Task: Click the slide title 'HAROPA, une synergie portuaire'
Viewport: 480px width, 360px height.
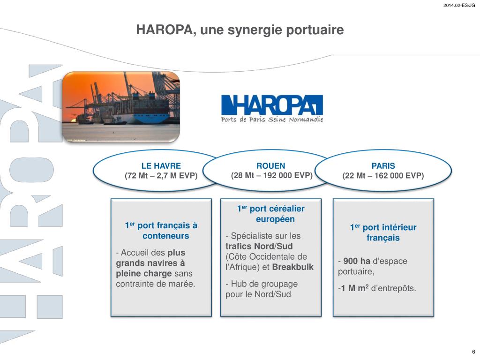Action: point(240,30)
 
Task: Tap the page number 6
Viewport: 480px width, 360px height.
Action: point(473,352)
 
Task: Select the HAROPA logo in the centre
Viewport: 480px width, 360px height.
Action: point(272,105)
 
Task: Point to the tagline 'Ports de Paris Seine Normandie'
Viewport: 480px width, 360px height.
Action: point(272,120)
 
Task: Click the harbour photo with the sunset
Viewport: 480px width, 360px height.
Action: point(121,107)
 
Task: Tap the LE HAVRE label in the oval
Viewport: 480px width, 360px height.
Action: point(161,165)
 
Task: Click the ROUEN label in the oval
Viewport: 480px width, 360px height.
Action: point(270,165)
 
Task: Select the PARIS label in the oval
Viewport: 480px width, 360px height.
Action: point(383,165)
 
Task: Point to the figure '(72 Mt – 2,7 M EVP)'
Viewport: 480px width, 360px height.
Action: point(161,176)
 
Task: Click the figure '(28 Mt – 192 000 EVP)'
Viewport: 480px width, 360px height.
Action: point(271,175)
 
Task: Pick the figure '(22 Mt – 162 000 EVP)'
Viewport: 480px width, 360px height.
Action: point(383,176)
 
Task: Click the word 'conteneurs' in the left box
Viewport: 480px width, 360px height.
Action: point(166,236)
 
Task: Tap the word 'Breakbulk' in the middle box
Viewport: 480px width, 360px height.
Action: point(292,267)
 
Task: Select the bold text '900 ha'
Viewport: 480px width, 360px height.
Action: point(357,261)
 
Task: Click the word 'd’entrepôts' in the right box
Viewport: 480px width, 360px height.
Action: point(393,288)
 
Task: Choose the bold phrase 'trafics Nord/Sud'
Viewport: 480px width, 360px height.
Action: point(259,247)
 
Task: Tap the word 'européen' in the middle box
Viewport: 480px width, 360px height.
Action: point(275,219)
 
